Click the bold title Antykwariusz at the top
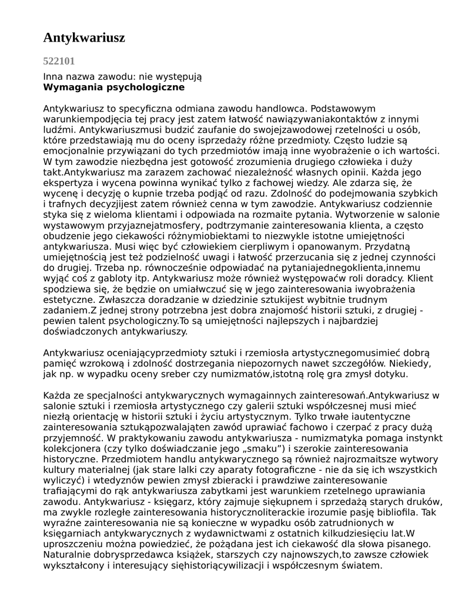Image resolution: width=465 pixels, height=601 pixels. (84, 38)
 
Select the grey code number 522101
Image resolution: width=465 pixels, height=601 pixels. (59, 60)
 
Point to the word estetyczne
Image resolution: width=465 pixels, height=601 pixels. (68, 299)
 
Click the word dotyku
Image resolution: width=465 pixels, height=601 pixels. (391, 374)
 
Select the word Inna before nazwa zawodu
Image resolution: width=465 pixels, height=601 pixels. (53, 77)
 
